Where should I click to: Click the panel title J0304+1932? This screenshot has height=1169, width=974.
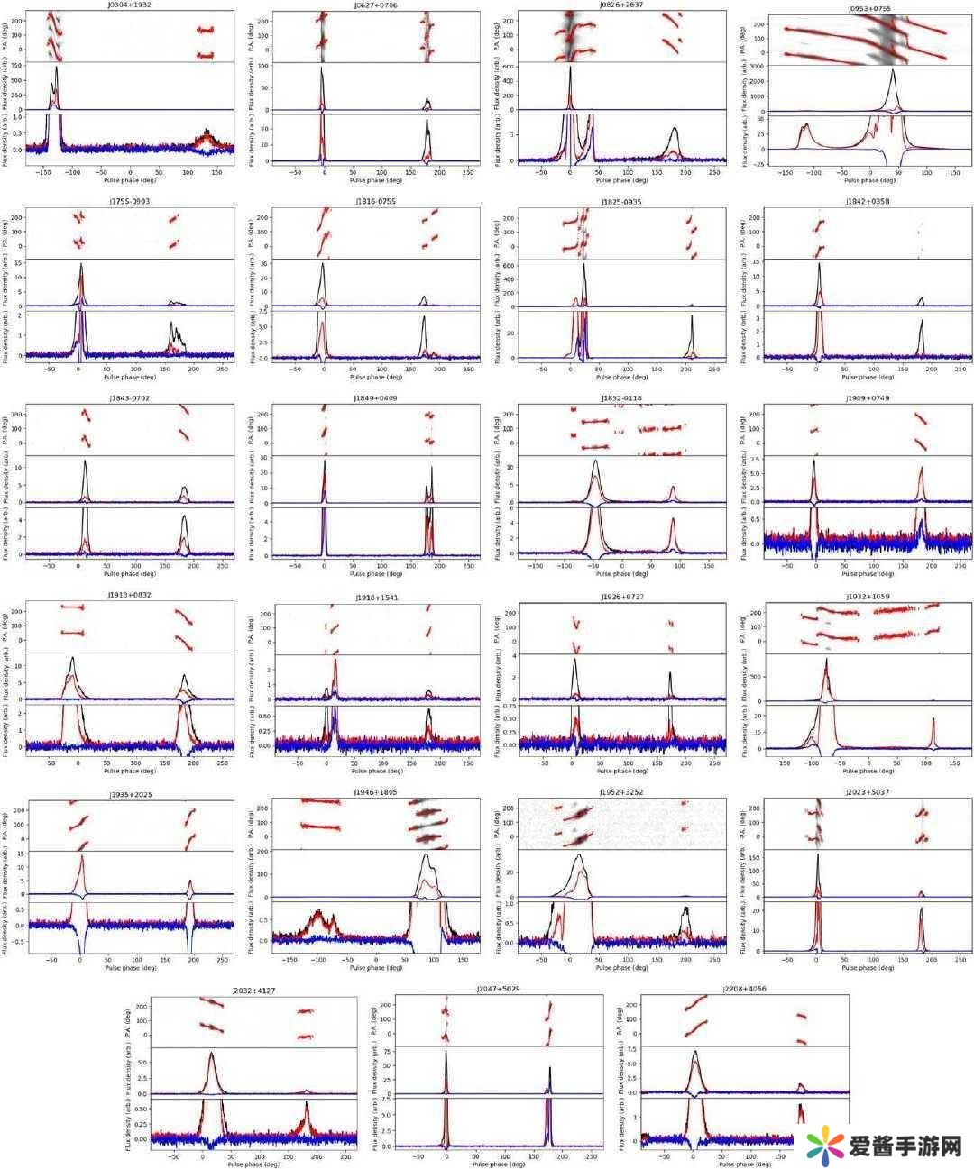(x=131, y=5)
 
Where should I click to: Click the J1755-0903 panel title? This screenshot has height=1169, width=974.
(x=131, y=201)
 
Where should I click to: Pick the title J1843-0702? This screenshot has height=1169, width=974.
(x=131, y=397)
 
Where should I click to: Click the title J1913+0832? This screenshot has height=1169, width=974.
(x=131, y=596)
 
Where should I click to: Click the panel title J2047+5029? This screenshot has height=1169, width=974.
(x=498, y=989)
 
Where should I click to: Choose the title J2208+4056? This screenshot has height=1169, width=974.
(x=744, y=989)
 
